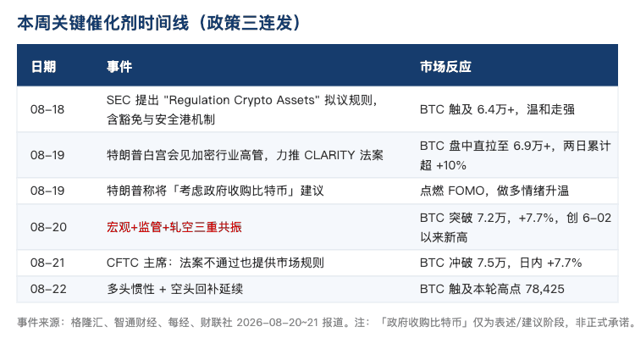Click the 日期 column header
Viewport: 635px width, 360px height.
point(43,66)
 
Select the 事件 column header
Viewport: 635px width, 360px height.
point(119,66)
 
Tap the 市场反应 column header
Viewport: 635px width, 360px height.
point(445,66)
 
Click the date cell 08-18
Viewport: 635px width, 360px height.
point(47,109)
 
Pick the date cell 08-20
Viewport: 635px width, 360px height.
point(48,227)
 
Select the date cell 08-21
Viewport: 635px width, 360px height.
point(47,263)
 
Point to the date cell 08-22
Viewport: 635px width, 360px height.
point(48,289)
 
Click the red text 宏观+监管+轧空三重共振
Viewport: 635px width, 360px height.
point(174,227)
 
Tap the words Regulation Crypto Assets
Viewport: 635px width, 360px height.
point(241,100)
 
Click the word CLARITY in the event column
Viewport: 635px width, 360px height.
point(329,155)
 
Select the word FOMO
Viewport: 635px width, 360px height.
point(467,191)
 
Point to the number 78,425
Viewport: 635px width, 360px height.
point(544,289)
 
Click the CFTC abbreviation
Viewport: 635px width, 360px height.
point(122,263)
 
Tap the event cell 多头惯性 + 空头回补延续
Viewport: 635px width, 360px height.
point(174,289)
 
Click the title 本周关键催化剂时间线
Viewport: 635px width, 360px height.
point(102,23)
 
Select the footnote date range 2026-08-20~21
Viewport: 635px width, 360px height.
point(278,323)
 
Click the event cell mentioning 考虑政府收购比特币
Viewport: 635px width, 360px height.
point(215,191)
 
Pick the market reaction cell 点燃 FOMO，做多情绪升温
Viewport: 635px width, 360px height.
point(494,191)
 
